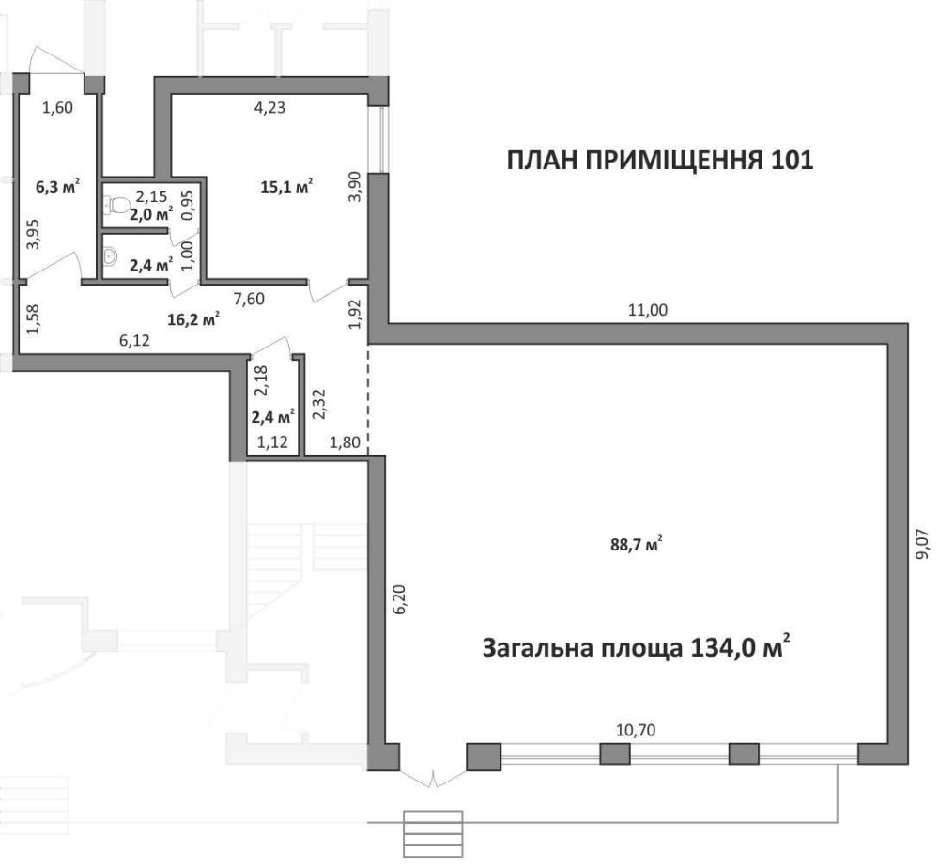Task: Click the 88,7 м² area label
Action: pyautogui.click(x=636, y=545)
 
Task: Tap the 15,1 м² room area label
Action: pyautogui.click(x=286, y=187)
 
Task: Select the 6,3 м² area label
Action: pyautogui.click(x=58, y=187)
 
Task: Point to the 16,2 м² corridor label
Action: pyautogui.click(x=192, y=318)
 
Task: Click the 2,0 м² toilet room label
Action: pyautogui.click(x=151, y=214)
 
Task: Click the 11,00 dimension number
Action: pyautogui.click(x=647, y=310)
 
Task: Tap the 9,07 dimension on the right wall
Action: pyautogui.click(x=924, y=544)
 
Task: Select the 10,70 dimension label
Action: pyautogui.click(x=636, y=730)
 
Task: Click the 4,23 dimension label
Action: pyautogui.click(x=269, y=108)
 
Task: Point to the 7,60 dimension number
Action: pyautogui.click(x=249, y=299)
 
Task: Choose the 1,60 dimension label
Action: pyautogui.click(x=57, y=108)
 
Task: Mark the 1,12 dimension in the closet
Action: pyautogui.click(x=272, y=442)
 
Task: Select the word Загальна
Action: pyautogui.click(x=538, y=649)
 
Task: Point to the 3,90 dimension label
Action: pyautogui.click(x=355, y=187)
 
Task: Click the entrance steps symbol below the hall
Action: pyautogui.click(x=433, y=833)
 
